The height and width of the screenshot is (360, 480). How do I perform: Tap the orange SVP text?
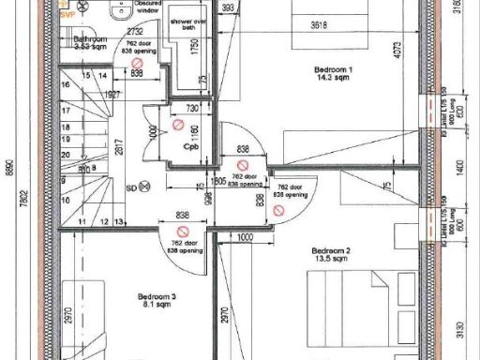67,18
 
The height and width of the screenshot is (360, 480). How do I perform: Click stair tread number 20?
66,155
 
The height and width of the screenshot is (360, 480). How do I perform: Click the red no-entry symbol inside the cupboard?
179,125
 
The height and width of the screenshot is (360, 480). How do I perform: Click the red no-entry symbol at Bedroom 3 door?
186,231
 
